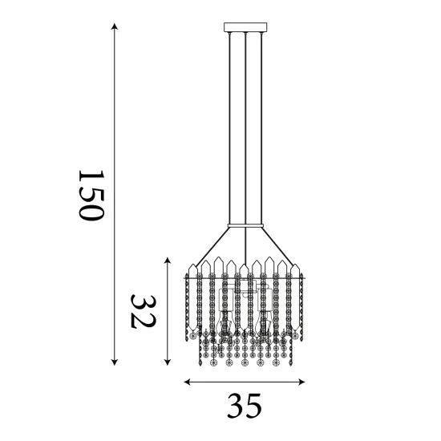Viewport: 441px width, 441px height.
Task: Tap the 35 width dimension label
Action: click(x=244, y=407)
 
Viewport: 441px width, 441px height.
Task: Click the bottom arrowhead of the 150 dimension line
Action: click(x=115, y=362)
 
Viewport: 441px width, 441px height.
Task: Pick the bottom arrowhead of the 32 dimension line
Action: click(x=167, y=361)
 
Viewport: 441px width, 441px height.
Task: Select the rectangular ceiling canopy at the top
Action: click(x=244, y=29)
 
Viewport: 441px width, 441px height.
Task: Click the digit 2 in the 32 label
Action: click(x=142, y=299)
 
